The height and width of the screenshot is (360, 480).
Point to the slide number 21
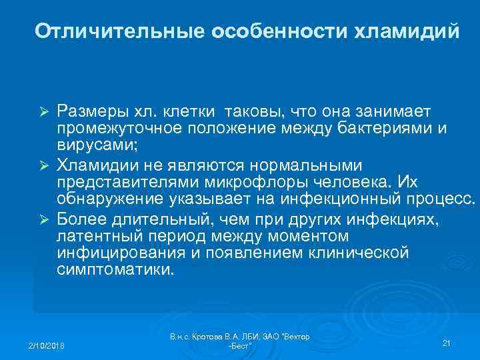click(x=447, y=343)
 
